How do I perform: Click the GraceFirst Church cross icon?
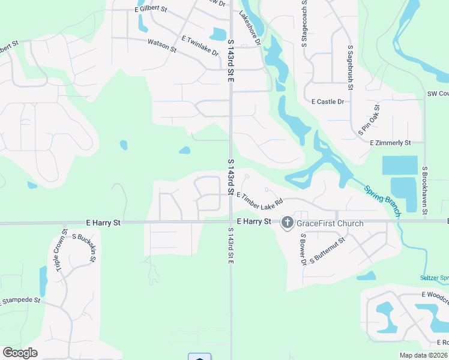tap(287, 223)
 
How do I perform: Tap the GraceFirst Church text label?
tap(329, 224)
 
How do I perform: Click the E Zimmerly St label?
tap(390, 143)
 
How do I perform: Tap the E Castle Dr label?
tap(327, 102)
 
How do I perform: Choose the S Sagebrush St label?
tap(350, 67)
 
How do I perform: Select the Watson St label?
tap(162, 46)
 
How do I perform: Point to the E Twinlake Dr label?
tap(200, 46)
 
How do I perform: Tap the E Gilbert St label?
tap(151, 10)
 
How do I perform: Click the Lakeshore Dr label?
tap(250, 28)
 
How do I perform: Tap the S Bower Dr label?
tap(303, 250)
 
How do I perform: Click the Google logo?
tap(20, 353)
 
